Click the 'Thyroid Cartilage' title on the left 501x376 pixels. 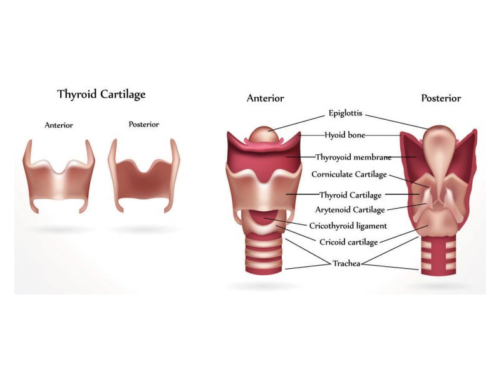click(x=101, y=95)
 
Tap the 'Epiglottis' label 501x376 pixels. click(x=346, y=113)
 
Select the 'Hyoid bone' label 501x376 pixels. click(x=345, y=135)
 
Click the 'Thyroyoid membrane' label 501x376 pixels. click(x=353, y=157)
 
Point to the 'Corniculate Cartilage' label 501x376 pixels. click(x=349, y=174)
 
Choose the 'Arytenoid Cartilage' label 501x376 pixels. click(x=350, y=210)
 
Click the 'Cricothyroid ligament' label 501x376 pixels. click(x=348, y=226)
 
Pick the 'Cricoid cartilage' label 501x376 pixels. click(x=349, y=242)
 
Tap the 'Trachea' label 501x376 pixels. click(x=346, y=263)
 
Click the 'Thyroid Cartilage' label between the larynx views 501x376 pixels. click(x=351, y=195)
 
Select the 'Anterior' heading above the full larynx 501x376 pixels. click(x=265, y=98)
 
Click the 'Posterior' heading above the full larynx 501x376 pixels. click(x=441, y=98)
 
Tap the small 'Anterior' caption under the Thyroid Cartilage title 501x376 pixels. click(x=59, y=125)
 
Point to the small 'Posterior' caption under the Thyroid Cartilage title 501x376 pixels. click(x=144, y=124)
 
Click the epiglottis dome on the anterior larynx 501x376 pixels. click(x=264, y=134)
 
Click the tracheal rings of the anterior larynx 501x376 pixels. click(x=264, y=254)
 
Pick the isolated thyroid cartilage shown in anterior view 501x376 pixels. click(x=59, y=179)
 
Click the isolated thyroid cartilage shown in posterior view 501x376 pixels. click(x=144, y=179)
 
